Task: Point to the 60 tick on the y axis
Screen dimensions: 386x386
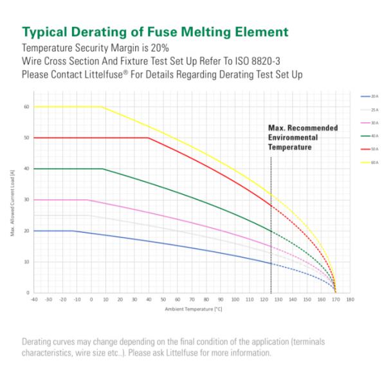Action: pyautogui.click(x=27, y=107)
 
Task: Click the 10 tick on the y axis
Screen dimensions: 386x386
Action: pyautogui.click(x=27, y=262)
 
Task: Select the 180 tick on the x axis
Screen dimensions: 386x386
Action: pyautogui.click(x=349, y=300)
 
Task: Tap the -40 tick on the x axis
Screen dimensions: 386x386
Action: pyautogui.click(x=33, y=300)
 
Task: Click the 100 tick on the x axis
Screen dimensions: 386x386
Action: pyautogui.click(x=235, y=300)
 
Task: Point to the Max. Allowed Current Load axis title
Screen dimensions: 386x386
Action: pyautogui.click(x=12, y=199)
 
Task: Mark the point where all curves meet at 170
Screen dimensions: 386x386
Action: pyautogui.click(x=335, y=292)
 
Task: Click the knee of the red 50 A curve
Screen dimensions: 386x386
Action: pyautogui.click(x=149, y=138)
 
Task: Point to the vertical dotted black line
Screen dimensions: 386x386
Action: pyautogui.click(x=271, y=225)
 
